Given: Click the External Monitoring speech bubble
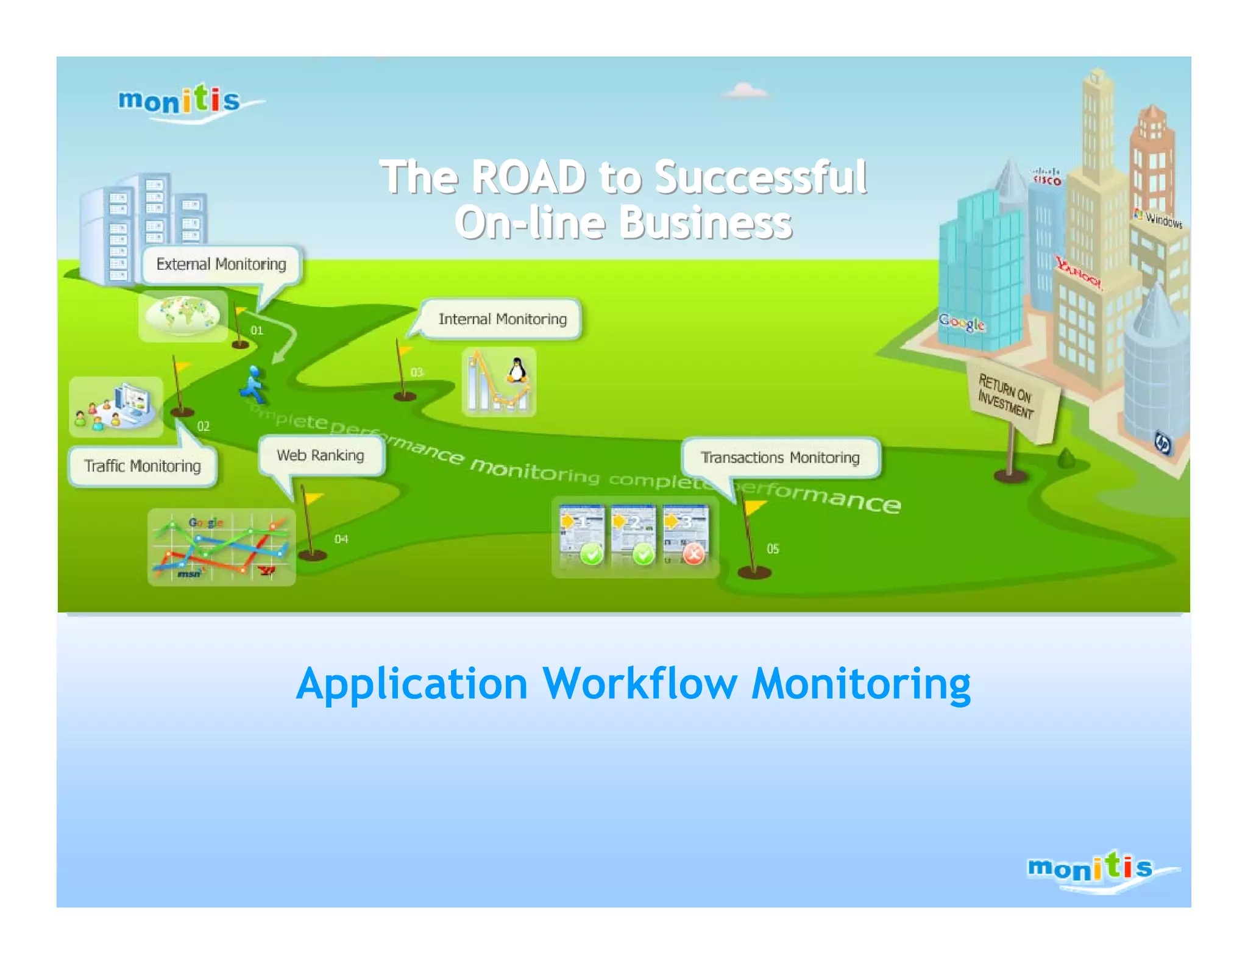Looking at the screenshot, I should point(221,264).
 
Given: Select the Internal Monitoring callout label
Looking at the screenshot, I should point(502,319).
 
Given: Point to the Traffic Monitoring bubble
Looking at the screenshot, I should point(143,466).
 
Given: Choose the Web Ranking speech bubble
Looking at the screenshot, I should point(321,456).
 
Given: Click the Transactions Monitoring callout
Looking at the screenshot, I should point(780,458).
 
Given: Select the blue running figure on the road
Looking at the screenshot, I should point(253,385).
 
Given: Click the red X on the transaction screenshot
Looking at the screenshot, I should point(693,554).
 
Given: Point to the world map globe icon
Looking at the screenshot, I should point(182,314).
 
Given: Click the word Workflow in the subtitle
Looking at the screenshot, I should point(639,684).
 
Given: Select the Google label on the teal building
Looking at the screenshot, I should point(961,323).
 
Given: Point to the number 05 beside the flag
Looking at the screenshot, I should point(773,549).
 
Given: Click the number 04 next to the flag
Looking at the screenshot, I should point(341,539).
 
